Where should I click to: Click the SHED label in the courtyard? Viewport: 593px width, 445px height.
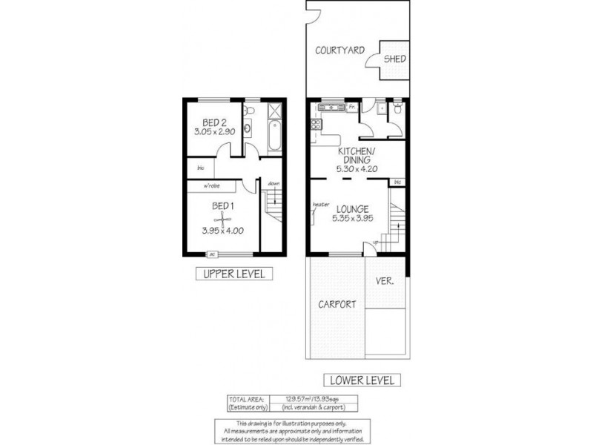coord(394,59)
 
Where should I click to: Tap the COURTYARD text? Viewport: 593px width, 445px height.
coord(339,50)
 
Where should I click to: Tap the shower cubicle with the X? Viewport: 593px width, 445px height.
coord(274,112)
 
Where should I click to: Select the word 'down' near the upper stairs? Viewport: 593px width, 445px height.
coord(274,183)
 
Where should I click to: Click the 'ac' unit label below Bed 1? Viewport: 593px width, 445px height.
coord(212,254)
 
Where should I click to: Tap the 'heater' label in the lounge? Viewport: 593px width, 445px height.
coord(320,205)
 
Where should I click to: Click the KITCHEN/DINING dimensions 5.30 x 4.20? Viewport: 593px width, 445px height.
coord(357,169)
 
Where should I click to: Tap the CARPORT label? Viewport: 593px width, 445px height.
coord(337,304)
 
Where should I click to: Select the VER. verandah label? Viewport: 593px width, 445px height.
coord(385,282)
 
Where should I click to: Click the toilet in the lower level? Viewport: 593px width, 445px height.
coord(398,110)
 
